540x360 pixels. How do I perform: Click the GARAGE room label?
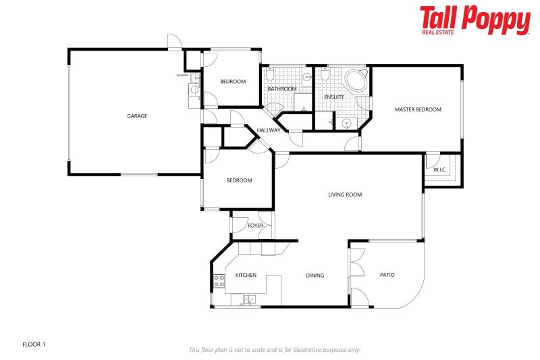click(137, 116)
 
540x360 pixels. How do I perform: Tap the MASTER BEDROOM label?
click(418, 109)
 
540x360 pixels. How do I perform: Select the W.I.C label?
click(439, 169)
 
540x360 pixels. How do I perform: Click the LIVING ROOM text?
click(345, 195)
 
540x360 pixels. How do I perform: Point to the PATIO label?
click(387, 275)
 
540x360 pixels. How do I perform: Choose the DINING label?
click(315, 276)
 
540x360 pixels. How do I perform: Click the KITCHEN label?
click(246, 276)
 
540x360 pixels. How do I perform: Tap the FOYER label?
click(255, 226)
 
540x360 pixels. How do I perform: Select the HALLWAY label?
click(269, 130)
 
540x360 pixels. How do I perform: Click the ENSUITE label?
click(334, 97)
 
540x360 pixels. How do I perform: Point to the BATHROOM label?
click(281, 88)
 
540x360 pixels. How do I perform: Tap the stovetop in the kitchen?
click(219, 281)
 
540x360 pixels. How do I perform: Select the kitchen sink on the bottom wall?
click(248, 300)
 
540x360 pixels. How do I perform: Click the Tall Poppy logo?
click(475, 20)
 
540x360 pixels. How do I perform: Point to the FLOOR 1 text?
click(34, 344)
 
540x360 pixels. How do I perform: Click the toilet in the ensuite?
click(325, 78)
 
